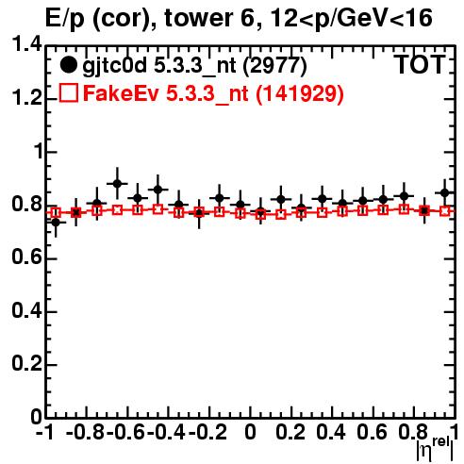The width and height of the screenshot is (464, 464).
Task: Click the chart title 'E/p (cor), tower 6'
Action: pyautogui.click(x=150, y=18)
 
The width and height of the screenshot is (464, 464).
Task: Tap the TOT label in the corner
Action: pyautogui.click(x=420, y=64)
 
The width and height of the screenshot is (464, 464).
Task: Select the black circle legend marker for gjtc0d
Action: pyautogui.click(x=68, y=65)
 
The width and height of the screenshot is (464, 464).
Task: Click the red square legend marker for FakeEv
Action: pyautogui.click(x=68, y=92)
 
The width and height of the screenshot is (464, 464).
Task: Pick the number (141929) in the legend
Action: pyautogui.click(x=299, y=93)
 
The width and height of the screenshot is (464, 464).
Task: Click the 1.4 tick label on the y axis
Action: pyautogui.click(x=26, y=44)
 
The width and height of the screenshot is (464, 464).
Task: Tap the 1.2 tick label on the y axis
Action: pyautogui.click(x=26, y=98)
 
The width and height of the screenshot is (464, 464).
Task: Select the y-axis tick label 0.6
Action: pyautogui.click(x=26, y=257)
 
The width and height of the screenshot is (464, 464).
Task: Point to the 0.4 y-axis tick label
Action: pyautogui.click(x=26, y=310)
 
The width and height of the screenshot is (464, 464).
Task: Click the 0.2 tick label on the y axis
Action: pyautogui.click(x=26, y=364)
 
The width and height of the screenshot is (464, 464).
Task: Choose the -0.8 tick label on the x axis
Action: pyautogui.click(x=86, y=432)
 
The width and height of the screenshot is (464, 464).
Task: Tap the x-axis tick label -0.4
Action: pyautogui.click(x=166, y=432)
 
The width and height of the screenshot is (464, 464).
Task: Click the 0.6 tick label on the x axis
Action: pyautogui.click(x=372, y=432)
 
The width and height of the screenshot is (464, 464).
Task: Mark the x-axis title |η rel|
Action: pyautogui.click(x=435, y=449)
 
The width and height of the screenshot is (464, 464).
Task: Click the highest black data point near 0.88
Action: pyautogui.click(x=117, y=184)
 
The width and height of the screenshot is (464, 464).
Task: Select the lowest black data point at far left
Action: pyautogui.click(x=56, y=223)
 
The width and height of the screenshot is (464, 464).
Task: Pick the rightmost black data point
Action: pyautogui.click(x=445, y=192)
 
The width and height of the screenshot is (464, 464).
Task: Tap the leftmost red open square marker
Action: pyautogui.click(x=56, y=213)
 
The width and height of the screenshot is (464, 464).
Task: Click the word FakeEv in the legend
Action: pyautogui.click(x=121, y=93)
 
